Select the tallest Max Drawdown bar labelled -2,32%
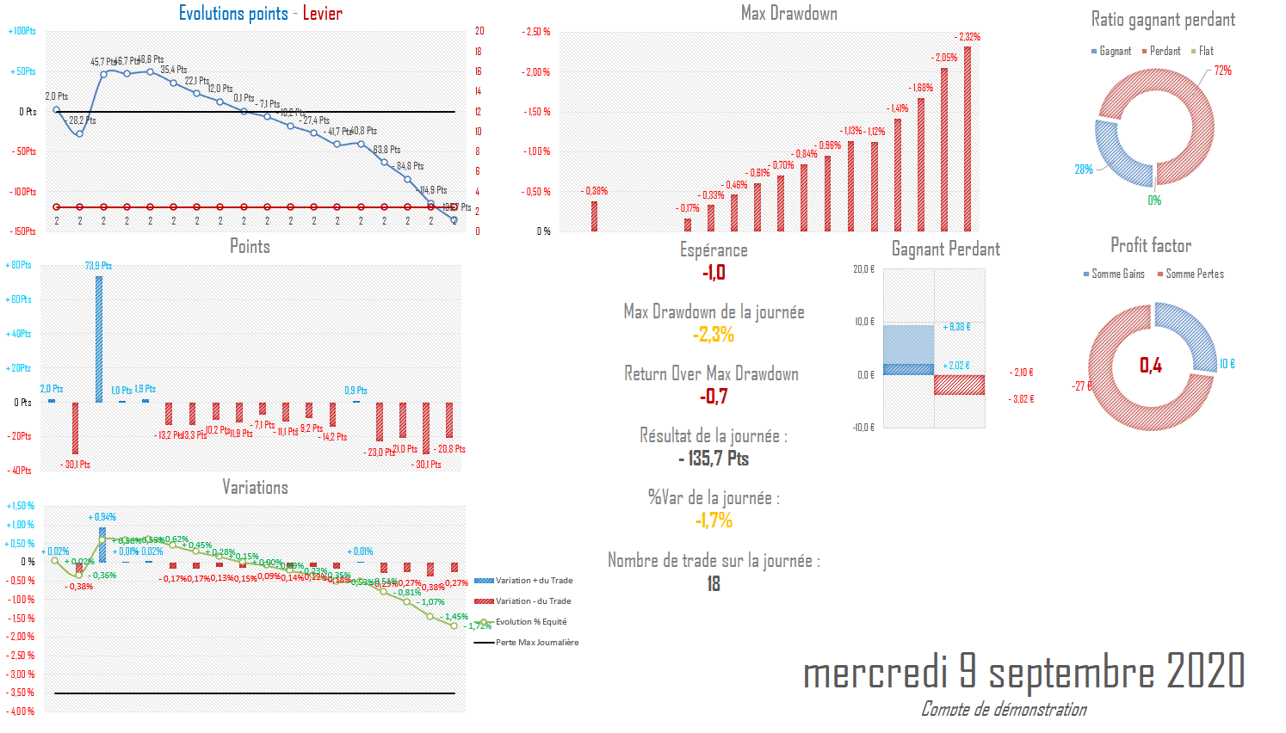pos(968,138)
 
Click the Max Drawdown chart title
pos(788,13)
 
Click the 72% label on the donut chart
pos(1223,71)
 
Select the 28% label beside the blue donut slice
pos(1084,169)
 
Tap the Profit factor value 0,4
pos(1151,366)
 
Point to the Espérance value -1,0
pos(714,273)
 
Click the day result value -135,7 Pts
pos(714,459)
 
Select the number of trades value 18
pos(714,584)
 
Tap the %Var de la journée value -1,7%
pos(714,520)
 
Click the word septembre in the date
pos(1072,672)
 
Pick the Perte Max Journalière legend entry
pos(536,643)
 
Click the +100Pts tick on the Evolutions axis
pos(22,31)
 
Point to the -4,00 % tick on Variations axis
pos(21,711)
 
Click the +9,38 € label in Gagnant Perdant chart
pos(956,327)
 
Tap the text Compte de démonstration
pos(1004,710)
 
